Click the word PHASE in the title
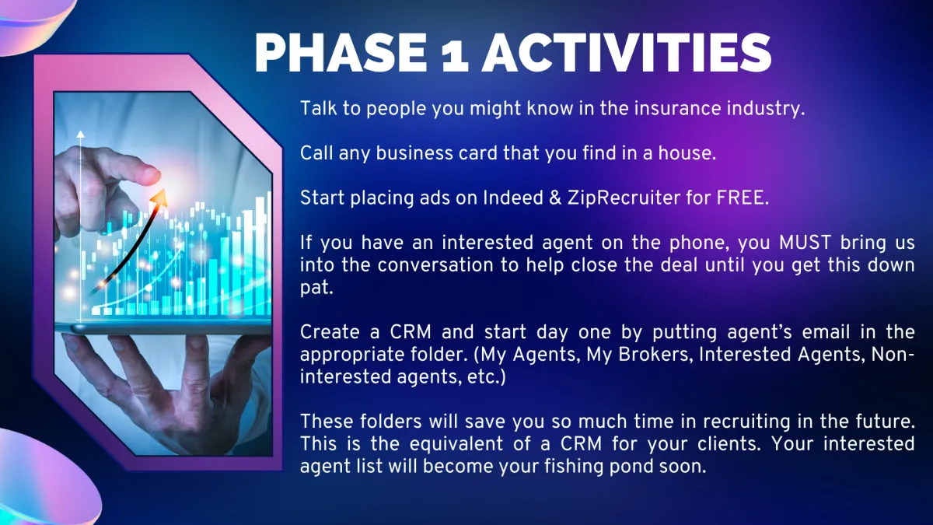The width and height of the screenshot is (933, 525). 341,54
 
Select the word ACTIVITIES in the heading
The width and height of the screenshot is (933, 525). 627,54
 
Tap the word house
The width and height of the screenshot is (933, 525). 687,153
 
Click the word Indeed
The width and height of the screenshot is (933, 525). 513,198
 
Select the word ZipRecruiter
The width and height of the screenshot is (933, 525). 624,198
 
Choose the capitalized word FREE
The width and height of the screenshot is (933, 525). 743,198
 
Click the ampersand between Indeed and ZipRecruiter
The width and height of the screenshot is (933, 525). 556,198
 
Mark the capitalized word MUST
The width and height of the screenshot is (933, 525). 805,243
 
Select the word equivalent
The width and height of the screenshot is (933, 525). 456,444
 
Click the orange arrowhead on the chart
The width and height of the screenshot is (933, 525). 159,198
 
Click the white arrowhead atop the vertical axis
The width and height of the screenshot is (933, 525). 80,134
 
